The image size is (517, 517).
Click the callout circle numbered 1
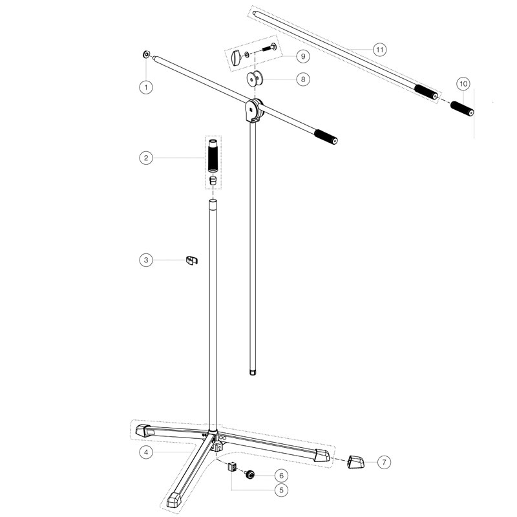(146, 87)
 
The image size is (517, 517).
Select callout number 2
(146, 158)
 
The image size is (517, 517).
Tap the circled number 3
(146, 260)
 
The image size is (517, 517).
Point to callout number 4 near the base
(146, 452)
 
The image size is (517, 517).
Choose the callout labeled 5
(281, 490)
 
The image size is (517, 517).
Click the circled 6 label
(281, 476)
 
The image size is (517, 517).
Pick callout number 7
(384, 462)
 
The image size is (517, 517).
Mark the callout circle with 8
(303, 79)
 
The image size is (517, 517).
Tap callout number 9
(303, 56)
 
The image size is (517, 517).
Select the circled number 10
(463, 84)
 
